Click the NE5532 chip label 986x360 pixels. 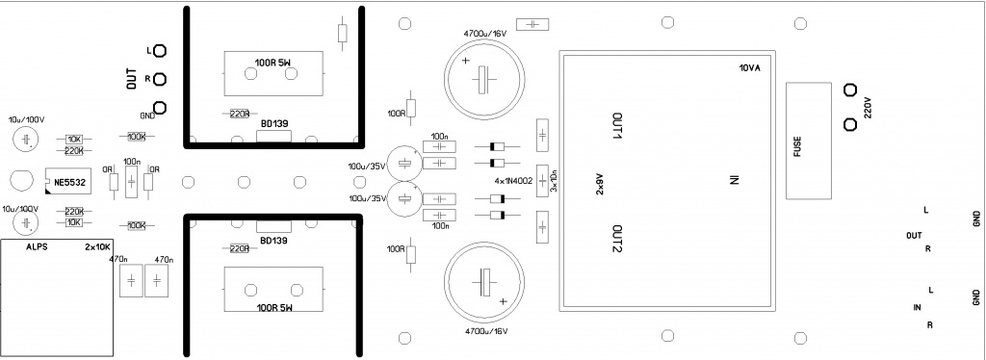coord(69,182)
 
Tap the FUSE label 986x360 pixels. coord(798,147)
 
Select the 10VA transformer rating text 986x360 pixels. coord(749,68)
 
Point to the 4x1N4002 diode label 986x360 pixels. coord(514,181)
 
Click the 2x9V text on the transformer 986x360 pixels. coord(599,184)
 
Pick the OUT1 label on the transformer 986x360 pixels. coord(617,127)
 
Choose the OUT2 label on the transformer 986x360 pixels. coord(617,240)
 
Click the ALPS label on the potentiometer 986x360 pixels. coord(37,247)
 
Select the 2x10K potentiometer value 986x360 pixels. coord(97,247)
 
